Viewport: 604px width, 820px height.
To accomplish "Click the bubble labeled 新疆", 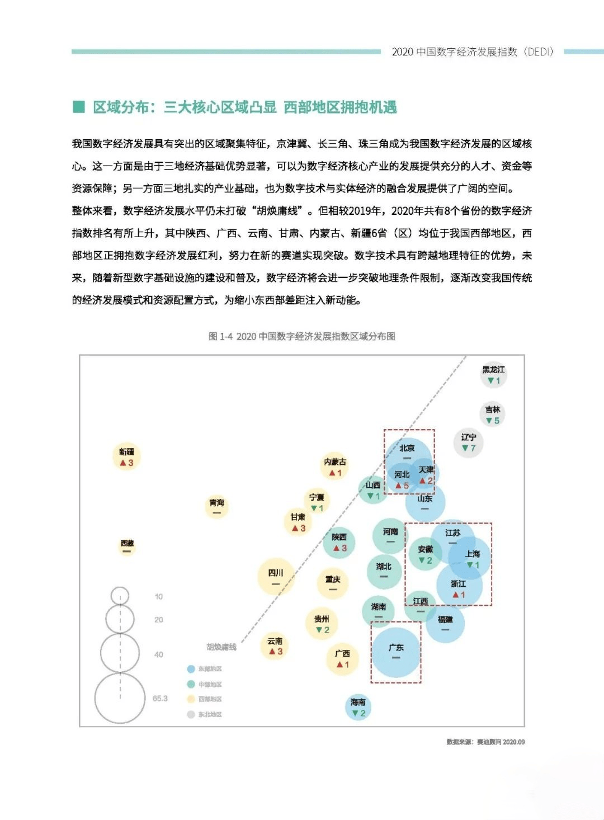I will coord(126,457).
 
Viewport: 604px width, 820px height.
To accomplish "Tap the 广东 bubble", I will coord(396,652).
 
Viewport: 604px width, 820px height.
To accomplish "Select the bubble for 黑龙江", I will coord(493,375).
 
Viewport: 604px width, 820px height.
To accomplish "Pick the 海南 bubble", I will coord(358,707).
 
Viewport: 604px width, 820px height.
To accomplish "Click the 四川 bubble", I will coord(276,576).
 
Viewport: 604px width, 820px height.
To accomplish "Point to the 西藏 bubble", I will coord(127,545).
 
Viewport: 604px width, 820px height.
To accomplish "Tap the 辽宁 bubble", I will coord(469,442).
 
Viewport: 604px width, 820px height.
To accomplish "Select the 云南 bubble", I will coord(275,646).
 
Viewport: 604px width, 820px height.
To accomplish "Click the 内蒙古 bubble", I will coord(335,466).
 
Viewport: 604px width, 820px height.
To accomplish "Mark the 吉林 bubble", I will coord(493,414).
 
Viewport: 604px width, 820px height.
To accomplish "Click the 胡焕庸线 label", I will coord(221,647).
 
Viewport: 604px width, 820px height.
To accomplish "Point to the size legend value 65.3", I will coord(160,698).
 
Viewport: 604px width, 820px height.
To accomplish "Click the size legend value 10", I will coord(159,597).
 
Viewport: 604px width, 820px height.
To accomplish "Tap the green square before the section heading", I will coord(79,107).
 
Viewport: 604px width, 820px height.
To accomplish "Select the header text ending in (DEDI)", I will coord(473,52).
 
